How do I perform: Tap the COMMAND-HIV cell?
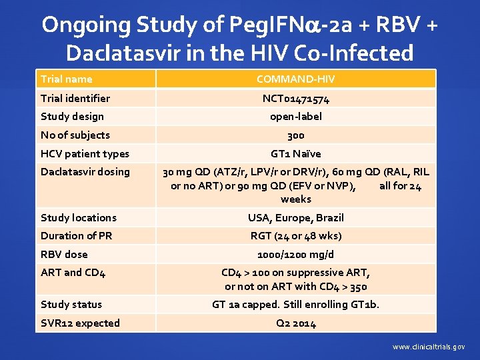(295, 79)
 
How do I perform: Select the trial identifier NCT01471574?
(295, 98)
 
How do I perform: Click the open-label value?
(295, 117)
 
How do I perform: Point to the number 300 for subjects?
(295, 135)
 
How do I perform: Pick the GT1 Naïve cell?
(295, 153)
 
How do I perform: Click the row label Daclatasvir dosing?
(85, 172)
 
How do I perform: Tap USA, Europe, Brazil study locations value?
(295, 217)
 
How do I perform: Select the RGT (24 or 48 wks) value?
(295, 235)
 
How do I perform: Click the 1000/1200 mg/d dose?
(295, 254)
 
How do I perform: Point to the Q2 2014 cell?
(295, 323)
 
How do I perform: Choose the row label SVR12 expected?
(80, 323)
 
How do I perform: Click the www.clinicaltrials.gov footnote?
(429, 347)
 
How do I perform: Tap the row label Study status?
(71, 305)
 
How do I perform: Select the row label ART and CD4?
(73, 273)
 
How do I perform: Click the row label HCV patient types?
(85, 153)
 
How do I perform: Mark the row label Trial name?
(67, 79)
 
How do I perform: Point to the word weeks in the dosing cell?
(295, 199)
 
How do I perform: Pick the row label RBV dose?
(64, 254)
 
